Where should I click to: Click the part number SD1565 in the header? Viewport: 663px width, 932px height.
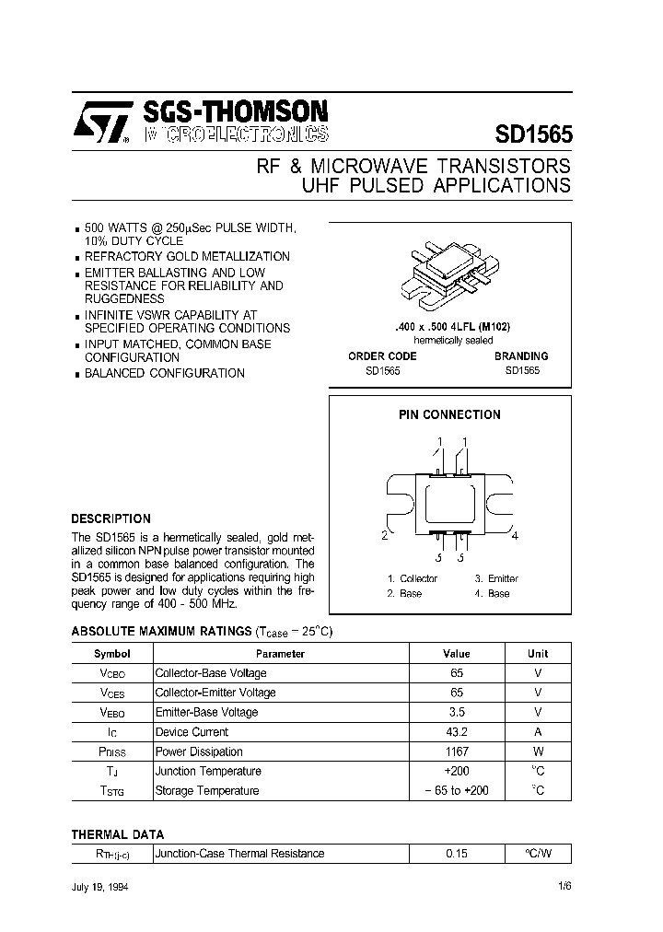coord(533,133)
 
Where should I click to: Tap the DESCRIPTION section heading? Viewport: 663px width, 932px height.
coord(110,518)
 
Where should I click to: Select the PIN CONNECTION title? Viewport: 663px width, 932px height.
coord(449,414)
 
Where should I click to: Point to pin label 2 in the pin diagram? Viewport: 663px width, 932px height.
coord(384,535)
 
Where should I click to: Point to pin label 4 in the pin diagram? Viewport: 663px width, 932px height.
coord(515,535)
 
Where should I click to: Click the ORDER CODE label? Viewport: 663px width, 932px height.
coord(382,355)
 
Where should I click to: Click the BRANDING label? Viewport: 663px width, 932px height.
coord(520,355)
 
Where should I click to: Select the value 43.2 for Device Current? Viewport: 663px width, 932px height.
coord(456,732)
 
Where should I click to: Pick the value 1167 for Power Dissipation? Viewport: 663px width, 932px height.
coord(456,751)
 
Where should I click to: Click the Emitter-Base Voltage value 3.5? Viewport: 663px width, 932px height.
coord(456,712)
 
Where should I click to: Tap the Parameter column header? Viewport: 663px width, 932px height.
coord(280,654)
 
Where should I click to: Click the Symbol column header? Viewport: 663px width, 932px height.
coord(112,654)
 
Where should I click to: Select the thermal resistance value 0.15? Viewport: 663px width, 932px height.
coord(456,854)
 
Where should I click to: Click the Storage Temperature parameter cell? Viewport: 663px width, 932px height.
coord(207,790)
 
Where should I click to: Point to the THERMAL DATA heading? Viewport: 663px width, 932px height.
coord(118,834)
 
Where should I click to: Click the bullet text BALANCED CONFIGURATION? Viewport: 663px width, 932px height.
coord(165,373)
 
